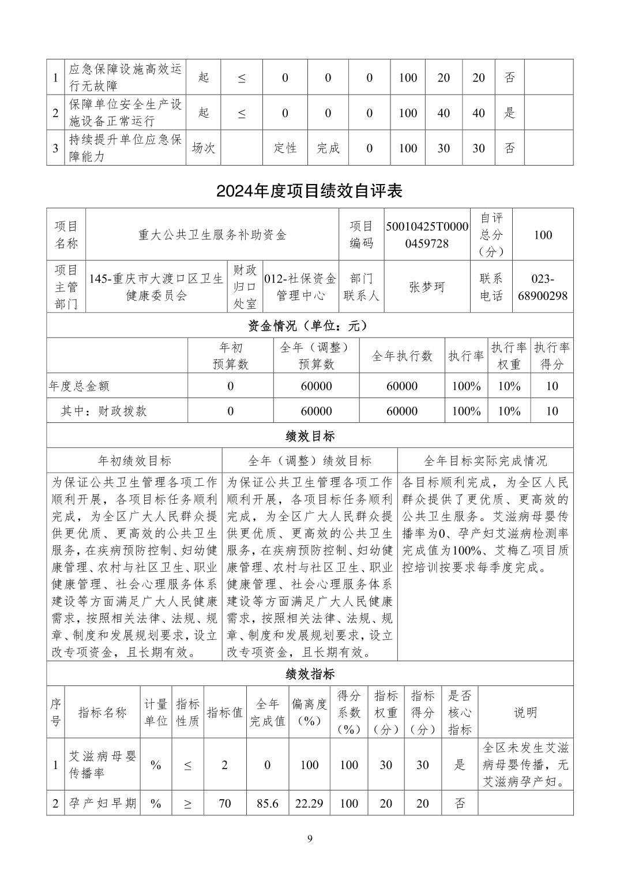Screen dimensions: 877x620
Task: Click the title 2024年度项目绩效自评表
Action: [310, 191]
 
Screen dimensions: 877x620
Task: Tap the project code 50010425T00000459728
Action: [427, 235]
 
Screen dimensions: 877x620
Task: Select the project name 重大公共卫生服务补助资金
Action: [212, 235]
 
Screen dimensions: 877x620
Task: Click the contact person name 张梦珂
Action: [427, 287]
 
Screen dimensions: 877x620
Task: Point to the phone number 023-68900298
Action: [542, 287]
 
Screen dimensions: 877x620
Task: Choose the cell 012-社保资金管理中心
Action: [300, 287]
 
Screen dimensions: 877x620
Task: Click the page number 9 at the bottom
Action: [310, 838]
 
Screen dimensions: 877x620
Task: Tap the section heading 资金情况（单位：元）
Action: [310, 326]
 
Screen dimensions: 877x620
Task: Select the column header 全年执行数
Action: [402, 356]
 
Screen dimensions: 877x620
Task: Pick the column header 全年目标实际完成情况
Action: [485, 460]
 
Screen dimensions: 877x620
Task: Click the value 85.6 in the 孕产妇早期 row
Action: [267, 803]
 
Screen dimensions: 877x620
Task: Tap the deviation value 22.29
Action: [309, 803]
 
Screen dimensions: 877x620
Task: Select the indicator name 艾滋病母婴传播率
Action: [103, 764]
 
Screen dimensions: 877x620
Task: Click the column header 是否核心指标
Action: [459, 712]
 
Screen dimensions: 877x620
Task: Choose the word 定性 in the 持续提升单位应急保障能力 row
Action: [285, 148]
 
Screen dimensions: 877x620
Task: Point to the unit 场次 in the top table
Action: [203, 148]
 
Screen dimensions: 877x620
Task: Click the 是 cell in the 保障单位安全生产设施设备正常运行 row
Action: [509, 113]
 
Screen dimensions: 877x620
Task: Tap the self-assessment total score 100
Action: [542, 235]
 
